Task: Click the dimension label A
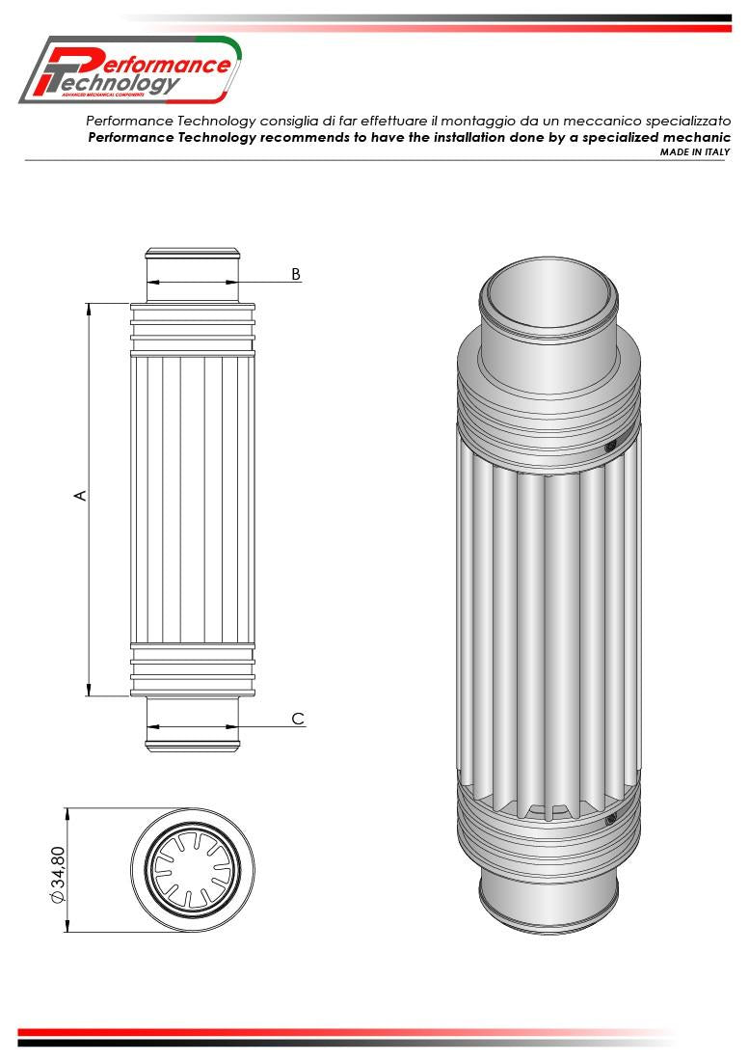click(x=81, y=495)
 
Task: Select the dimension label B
click(x=296, y=274)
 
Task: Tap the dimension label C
click(x=298, y=719)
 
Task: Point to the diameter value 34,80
click(x=58, y=873)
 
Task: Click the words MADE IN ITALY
click(x=694, y=151)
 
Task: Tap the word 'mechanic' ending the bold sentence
click(x=693, y=137)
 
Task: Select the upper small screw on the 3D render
click(x=609, y=447)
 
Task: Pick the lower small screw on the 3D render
click(x=609, y=820)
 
